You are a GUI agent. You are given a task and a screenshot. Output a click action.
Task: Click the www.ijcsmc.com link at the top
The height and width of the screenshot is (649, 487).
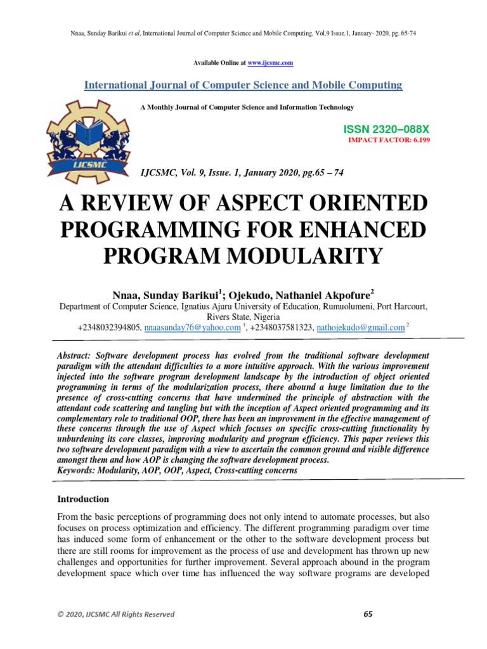click(x=270, y=63)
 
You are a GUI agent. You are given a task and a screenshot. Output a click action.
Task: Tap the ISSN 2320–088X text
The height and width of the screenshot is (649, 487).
click(x=386, y=129)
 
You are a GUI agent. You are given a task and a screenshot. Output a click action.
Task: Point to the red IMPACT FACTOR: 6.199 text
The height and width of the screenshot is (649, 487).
click(x=387, y=139)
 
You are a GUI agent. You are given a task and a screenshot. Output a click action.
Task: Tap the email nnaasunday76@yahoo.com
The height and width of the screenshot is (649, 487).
click(x=193, y=328)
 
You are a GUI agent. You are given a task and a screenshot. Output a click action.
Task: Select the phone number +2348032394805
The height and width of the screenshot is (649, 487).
click(x=109, y=328)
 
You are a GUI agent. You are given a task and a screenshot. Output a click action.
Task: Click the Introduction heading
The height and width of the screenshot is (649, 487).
click(x=83, y=499)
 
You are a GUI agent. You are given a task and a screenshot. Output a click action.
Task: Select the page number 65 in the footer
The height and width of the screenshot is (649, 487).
click(x=368, y=614)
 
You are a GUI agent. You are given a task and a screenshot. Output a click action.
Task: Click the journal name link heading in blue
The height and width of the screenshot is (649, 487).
click(x=243, y=85)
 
